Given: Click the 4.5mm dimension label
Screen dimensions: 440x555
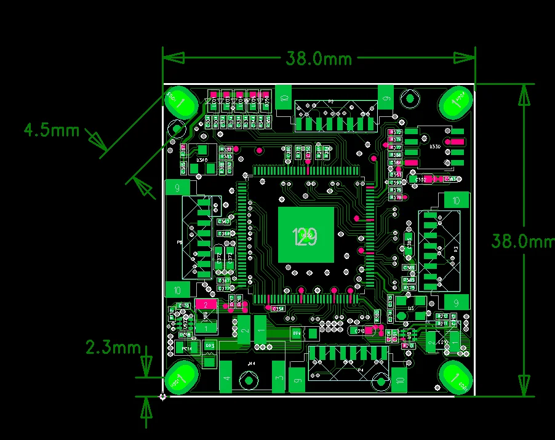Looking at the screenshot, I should tap(52, 130).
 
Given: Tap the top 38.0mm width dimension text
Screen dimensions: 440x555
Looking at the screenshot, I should tap(319, 58).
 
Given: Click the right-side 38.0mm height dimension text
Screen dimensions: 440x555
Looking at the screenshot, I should tap(522, 241).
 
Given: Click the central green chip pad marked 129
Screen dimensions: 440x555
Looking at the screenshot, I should tap(306, 235).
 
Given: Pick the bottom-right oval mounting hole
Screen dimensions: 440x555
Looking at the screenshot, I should tap(456, 376).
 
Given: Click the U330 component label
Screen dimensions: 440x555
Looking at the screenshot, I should tap(434, 146).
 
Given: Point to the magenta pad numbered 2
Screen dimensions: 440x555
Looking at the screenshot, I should tap(206, 304).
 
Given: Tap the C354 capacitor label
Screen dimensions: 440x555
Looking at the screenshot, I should tap(278, 308).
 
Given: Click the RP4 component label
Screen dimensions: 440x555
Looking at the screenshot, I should tap(297, 334).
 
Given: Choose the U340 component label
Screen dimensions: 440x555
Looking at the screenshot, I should tap(202, 160).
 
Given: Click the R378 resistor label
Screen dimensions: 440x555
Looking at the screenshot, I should tap(396, 198).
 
